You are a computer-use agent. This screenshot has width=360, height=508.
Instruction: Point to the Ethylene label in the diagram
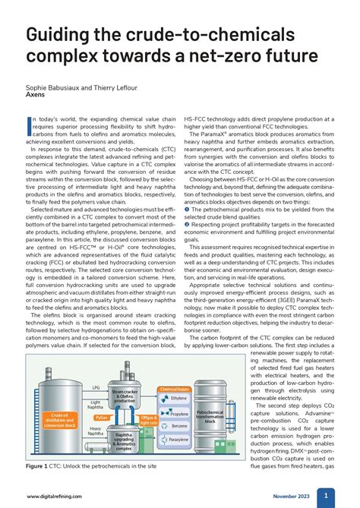pos(178,397)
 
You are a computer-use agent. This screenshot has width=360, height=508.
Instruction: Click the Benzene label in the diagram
pos(178,427)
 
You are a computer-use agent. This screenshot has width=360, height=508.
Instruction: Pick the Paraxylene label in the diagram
pos(178,440)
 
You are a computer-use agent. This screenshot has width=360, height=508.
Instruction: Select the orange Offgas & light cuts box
pos(149,419)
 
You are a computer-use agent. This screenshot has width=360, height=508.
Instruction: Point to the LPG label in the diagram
pos(96,387)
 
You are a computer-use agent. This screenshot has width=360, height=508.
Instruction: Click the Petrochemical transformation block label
pos(209,415)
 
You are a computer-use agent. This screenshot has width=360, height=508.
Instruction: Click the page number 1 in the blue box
pos(326,495)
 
